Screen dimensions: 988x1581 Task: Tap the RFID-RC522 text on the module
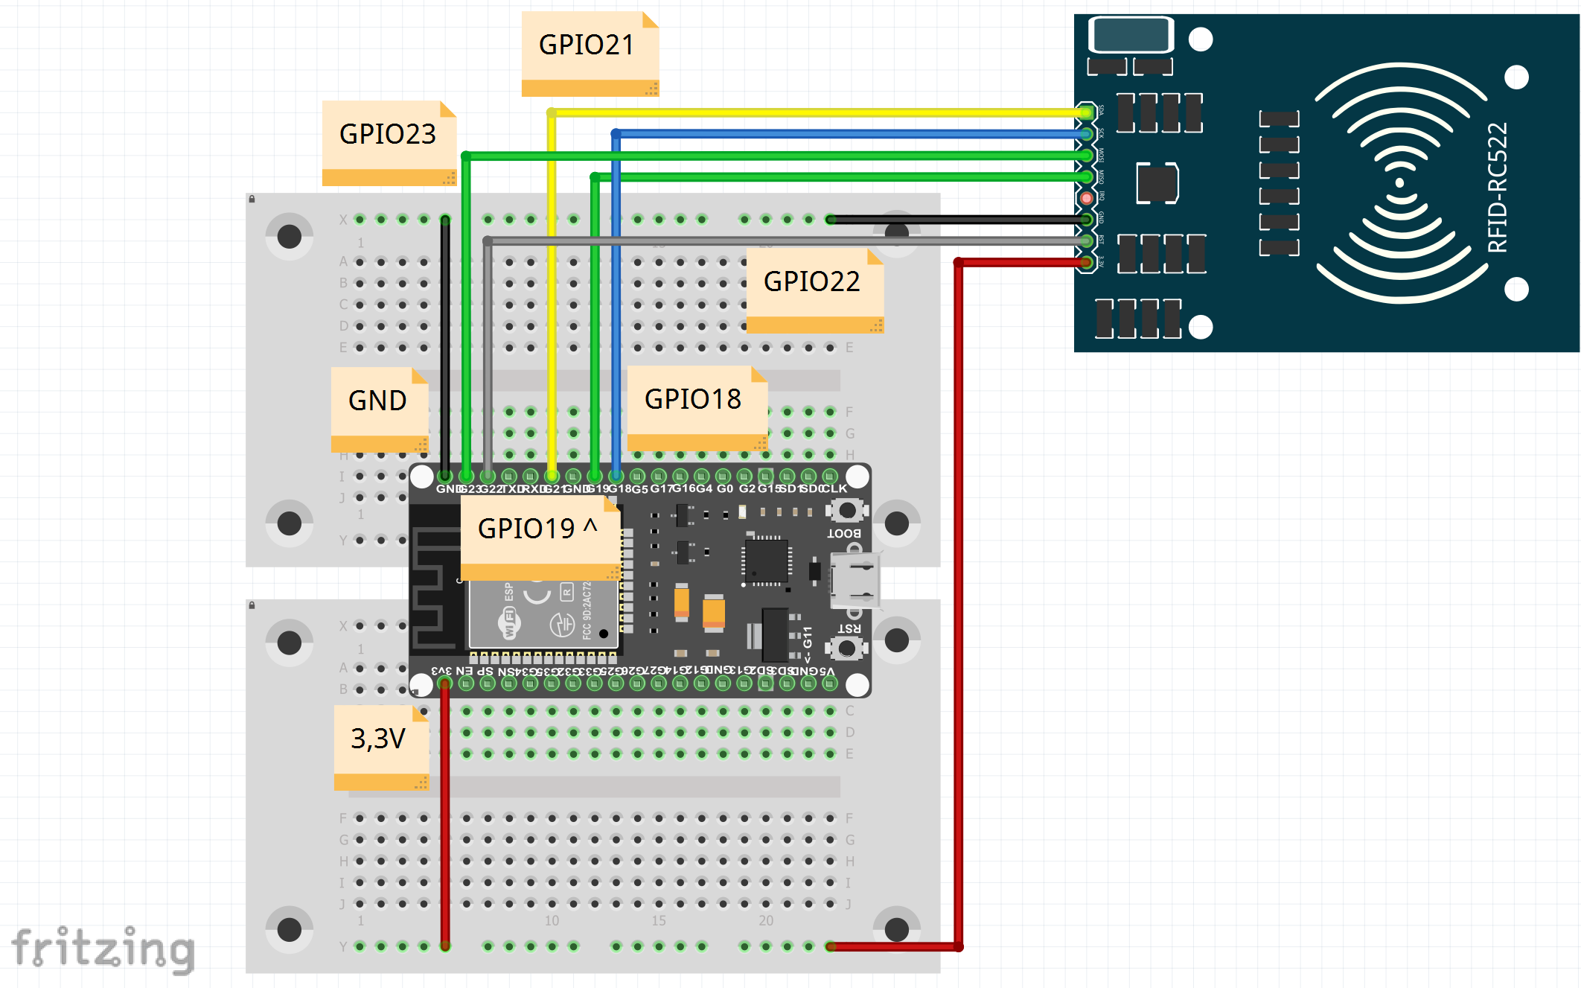coord(1497,188)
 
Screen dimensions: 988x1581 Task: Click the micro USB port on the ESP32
coord(855,580)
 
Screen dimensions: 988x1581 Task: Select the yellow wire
coord(819,112)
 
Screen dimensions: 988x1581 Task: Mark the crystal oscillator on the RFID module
coord(1131,34)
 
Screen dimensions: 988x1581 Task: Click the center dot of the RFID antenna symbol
coord(1400,183)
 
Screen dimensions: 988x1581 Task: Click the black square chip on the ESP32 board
coord(767,561)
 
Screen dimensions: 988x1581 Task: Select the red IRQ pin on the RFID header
coord(1087,198)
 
